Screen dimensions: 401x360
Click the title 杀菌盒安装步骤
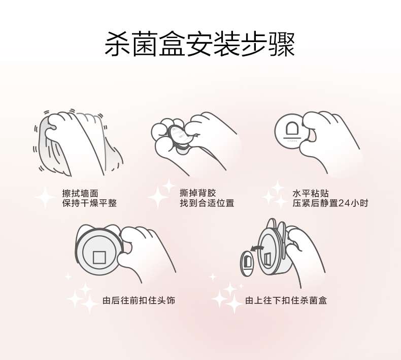tap(199, 44)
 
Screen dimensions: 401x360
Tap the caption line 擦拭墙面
tap(80, 193)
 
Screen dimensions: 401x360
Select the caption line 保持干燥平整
tap(89, 203)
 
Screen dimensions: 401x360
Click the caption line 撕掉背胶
tap(197, 193)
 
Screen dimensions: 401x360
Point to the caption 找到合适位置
tap(207, 203)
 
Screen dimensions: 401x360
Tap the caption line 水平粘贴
tap(311, 193)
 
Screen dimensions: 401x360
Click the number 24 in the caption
tap(344, 203)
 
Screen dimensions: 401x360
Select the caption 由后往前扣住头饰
tap(139, 300)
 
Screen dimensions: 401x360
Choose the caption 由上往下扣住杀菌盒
tap(286, 300)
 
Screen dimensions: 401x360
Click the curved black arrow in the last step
tap(256, 247)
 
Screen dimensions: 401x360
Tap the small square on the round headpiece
tap(99, 257)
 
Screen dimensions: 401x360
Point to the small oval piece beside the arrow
tap(247, 263)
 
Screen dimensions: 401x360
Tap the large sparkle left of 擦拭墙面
tap(45, 197)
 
